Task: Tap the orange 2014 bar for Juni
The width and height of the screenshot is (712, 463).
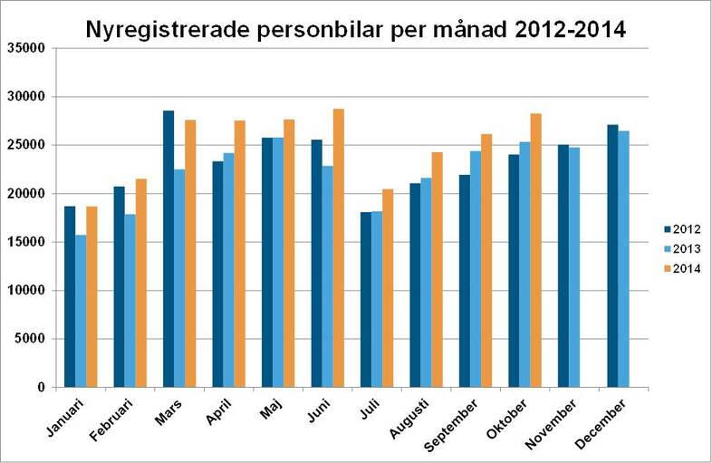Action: pyautogui.click(x=338, y=248)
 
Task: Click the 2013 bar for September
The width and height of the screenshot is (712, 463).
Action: pyautogui.click(x=475, y=269)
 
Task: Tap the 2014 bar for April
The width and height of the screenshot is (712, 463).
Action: pyautogui.click(x=239, y=254)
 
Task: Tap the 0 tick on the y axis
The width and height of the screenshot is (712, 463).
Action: pyautogui.click(x=41, y=388)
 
